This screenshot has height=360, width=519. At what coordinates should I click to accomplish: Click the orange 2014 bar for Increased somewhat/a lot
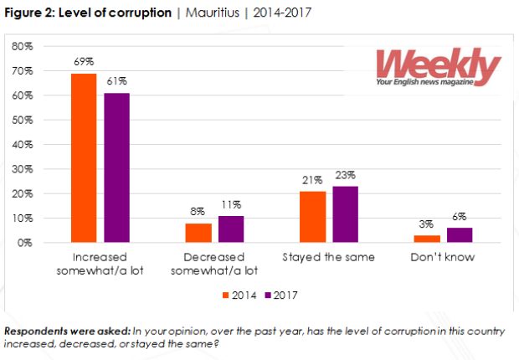pyautogui.click(x=84, y=158)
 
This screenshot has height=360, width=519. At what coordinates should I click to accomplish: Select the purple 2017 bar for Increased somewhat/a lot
pyautogui.click(x=116, y=167)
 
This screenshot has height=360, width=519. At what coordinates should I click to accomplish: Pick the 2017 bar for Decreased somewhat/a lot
pyautogui.click(x=231, y=229)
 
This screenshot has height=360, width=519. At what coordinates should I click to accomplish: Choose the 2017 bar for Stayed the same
pyautogui.click(x=346, y=214)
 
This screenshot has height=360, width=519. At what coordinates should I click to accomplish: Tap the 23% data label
pyautogui.click(x=346, y=176)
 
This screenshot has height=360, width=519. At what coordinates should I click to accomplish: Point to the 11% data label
pyautogui.click(x=231, y=205)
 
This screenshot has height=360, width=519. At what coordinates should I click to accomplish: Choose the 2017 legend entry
pyautogui.click(x=281, y=294)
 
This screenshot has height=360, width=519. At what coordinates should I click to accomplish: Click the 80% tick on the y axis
pyautogui.click(x=23, y=47)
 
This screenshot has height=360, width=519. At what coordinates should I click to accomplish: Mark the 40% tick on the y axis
pyautogui.click(x=23, y=145)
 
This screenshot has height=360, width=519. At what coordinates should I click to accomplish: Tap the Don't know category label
pyautogui.click(x=444, y=257)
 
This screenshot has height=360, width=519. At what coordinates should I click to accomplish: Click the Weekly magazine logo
pyautogui.click(x=437, y=68)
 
